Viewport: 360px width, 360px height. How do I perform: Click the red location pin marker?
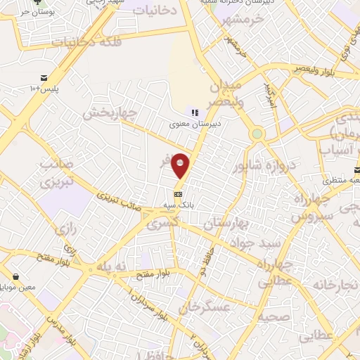click(181, 165)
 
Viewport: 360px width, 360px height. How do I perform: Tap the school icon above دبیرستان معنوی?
click(195, 112)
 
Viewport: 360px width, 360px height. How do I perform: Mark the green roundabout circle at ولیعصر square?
click(257, 134)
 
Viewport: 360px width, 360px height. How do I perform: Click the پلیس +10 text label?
click(46, 89)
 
